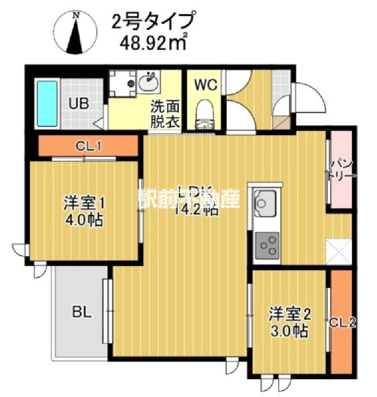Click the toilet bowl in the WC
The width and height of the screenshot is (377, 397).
pyautogui.click(x=205, y=114)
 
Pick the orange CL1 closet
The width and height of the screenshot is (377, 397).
pyautogui.click(x=88, y=145)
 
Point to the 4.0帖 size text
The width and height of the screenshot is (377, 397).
pyautogui.click(x=84, y=221)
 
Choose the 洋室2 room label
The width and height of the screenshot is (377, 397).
pyautogui.click(x=288, y=314)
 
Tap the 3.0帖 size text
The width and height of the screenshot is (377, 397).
pyautogui.click(x=290, y=331)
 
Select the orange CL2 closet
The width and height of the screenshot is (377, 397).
pyautogui.click(x=343, y=322)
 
